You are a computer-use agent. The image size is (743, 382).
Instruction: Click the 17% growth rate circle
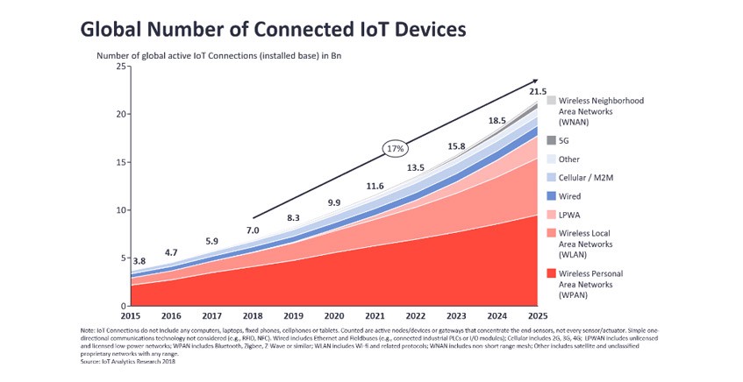click(x=396, y=149)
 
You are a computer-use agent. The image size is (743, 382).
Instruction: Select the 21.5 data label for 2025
click(x=538, y=92)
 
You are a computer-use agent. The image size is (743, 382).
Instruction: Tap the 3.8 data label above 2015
click(x=139, y=261)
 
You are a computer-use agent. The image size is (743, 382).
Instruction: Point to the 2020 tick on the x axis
click(x=333, y=315)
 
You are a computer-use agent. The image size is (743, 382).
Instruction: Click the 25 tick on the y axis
click(x=118, y=67)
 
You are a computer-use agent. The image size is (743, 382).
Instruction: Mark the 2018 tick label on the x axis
click(x=253, y=315)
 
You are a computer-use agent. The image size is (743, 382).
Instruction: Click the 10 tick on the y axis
click(x=118, y=210)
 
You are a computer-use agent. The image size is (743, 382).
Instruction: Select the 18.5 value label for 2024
click(x=497, y=120)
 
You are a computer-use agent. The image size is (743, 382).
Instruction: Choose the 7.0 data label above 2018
click(x=253, y=230)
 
